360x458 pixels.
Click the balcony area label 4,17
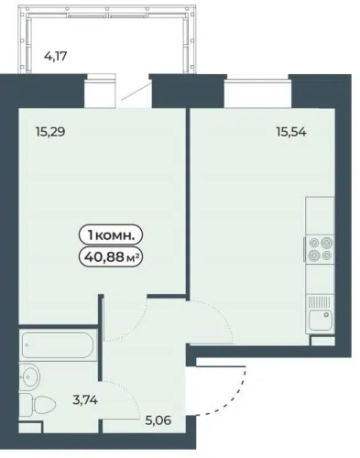pyautogui.click(x=56, y=56)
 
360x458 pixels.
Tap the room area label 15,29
pyautogui.click(x=50, y=132)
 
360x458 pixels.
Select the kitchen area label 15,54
pyautogui.click(x=291, y=132)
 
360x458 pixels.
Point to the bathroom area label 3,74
pyautogui.click(x=85, y=399)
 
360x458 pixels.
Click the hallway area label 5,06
pyautogui.click(x=158, y=420)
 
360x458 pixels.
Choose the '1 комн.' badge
pyautogui.click(x=111, y=235)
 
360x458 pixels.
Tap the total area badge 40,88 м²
pyautogui.click(x=111, y=258)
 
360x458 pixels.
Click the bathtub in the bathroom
pyautogui.click(x=59, y=345)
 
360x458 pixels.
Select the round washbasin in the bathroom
pyautogui.click(x=29, y=376)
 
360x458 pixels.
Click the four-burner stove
pyautogui.click(x=320, y=248)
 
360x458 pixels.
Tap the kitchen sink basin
pyautogui.click(x=320, y=320)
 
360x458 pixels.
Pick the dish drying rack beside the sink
pyautogui.click(x=320, y=301)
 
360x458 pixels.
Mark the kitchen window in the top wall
pyautogui.click(x=256, y=81)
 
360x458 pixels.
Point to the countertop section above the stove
pyautogui.click(x=320, y=216)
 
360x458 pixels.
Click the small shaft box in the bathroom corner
pyautogui.click(x=30, y=427)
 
